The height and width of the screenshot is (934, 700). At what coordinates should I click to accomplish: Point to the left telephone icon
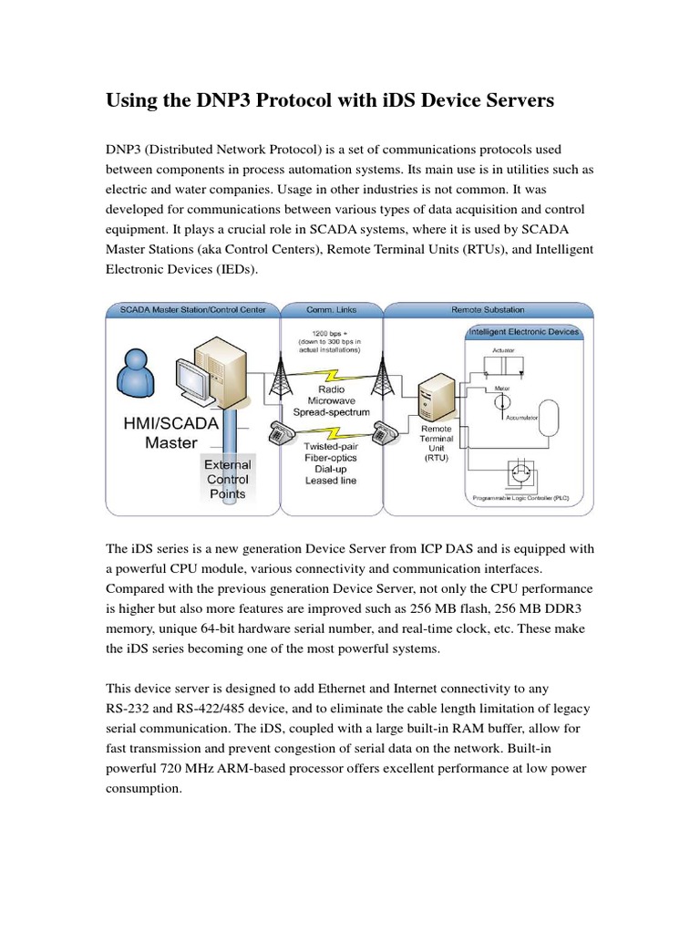point(283,431)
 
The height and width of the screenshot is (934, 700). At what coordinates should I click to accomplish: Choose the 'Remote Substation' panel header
point(489,310)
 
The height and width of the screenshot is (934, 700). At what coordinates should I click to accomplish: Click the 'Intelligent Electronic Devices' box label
point(523,332)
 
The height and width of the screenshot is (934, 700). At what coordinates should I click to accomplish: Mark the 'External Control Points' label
point(227,480)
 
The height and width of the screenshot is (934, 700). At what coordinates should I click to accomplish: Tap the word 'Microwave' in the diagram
point(331,400)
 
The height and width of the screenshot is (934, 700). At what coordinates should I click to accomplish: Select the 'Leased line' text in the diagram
point(331,480)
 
